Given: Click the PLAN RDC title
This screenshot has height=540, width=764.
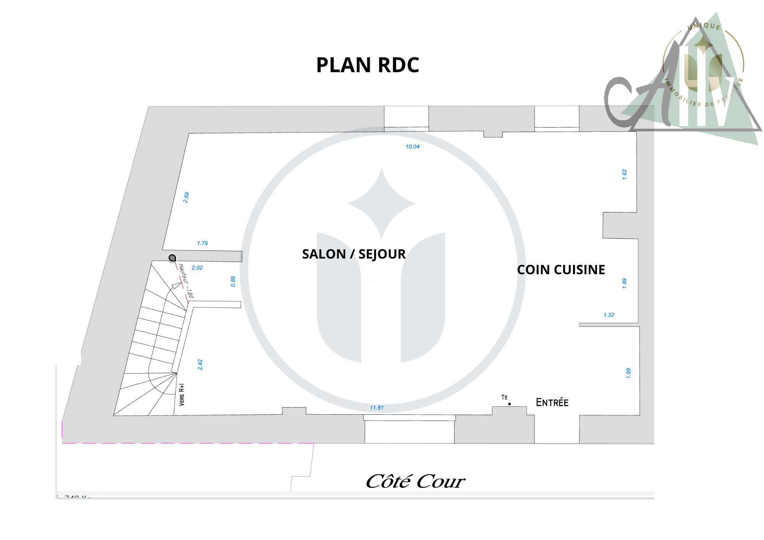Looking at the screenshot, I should (x=367, y=65).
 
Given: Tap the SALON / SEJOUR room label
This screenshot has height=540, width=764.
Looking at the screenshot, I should (x=354, y=254).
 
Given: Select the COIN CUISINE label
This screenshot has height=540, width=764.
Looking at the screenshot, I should (x=561, y=270).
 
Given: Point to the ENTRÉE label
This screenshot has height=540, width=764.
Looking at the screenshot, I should (x=552, y=403).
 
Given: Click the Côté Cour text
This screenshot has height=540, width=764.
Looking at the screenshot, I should (x=415, y=481).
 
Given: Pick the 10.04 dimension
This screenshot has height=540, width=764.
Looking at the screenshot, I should (x=413, y=147).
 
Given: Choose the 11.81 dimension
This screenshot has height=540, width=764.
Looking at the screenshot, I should (x=377, y=408).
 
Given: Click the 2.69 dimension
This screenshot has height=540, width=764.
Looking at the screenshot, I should (x=186, y=197).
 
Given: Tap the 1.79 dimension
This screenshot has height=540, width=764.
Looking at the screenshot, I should (x=202, y=243).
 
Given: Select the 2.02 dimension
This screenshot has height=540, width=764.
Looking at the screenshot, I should (x=197, y=268).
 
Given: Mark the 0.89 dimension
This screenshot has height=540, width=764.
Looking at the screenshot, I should (x=233, y=281).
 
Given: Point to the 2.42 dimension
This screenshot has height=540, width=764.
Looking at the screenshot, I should (x=200, y=365).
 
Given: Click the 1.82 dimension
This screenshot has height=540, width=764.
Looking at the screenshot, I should (x=625, y=175).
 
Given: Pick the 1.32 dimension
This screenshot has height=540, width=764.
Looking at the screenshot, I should (x=609, y=315).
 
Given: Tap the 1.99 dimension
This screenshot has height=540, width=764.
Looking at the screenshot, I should (x=628, y=373).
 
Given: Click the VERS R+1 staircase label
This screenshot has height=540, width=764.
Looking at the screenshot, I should (x=182, y=394).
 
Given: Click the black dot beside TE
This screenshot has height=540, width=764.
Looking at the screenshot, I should (x=510, y=404).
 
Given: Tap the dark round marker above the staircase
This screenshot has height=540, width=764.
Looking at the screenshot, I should (x=172, y=258).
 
